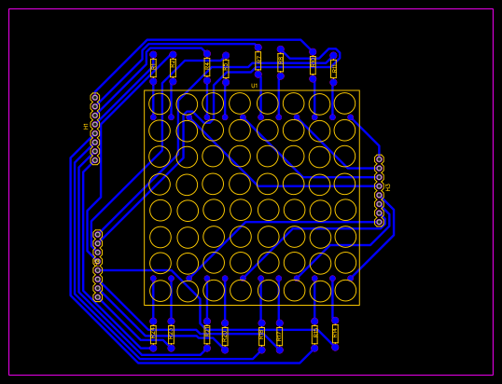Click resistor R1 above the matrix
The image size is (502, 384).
[153, 67]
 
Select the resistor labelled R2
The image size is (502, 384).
[173, 67]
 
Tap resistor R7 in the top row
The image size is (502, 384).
[207, 67]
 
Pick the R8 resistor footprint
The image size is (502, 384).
[226, 68]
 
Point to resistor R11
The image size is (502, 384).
[258, 61]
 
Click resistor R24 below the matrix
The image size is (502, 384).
[153, 335]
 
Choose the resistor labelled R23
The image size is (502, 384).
[171, 335]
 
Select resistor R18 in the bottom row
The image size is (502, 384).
[207, 335]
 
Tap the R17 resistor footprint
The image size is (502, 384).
[225, 336]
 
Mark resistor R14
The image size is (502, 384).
[261, 336]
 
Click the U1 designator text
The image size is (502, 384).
[254, 86]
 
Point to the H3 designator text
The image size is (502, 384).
[388, 187]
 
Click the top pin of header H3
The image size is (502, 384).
[379, 159]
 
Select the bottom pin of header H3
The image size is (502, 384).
[379, 222]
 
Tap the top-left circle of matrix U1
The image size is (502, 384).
[160, 103]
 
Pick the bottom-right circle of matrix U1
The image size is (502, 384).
[345, 291]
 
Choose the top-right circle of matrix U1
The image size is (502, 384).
[344, 103]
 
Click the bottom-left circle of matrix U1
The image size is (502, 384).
[160, 291]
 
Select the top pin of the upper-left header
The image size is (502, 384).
[94, 97]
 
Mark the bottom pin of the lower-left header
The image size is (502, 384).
[97, 297]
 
